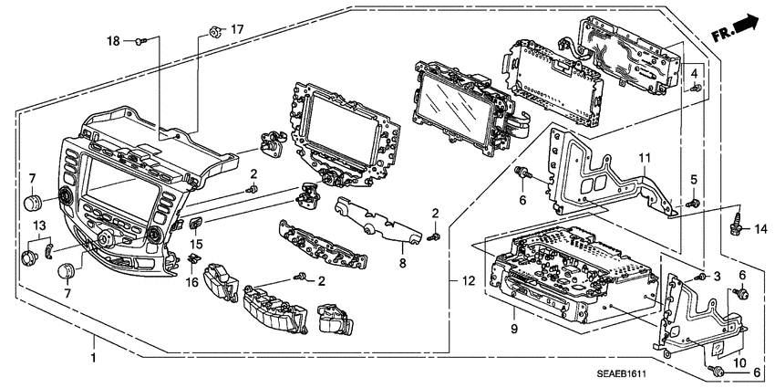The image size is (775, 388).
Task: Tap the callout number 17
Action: click(x=237, y=30)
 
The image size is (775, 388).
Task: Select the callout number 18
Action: click(x=114, y=41)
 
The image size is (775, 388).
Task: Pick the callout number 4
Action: click(x=695, y=72)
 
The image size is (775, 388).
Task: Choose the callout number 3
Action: click(x=718, y=275)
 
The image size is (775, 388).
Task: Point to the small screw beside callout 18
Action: click(x=140, y=41)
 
